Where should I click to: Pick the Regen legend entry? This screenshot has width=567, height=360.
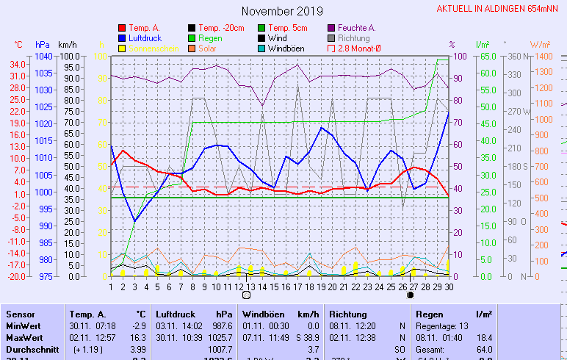click(210, 37)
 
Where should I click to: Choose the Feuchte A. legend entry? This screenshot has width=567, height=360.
click(356, 28)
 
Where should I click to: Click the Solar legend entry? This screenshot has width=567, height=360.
click(207, 48)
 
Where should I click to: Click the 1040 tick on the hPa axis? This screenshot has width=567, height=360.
click(43, 57)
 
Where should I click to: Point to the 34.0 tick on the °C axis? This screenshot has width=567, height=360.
click(18, 64)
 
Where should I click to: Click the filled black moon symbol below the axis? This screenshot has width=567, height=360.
click(410, 295)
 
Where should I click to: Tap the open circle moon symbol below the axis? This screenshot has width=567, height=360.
click(246, 295)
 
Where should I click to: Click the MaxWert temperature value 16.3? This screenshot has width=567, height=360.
click(138, 336)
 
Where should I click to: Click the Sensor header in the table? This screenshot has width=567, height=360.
click(21, 314)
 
